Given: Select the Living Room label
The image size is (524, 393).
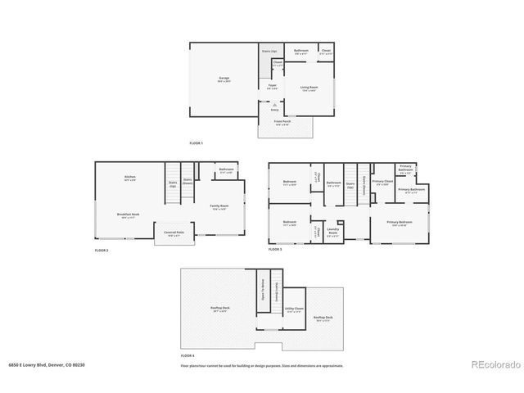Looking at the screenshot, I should [309, 87].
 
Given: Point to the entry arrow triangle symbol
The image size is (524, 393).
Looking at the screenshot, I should [274, 104].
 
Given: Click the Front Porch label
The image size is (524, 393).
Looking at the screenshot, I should [283, 122].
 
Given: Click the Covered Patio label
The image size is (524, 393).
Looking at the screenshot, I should [173, 233].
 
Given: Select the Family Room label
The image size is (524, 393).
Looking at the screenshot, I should [219, 206].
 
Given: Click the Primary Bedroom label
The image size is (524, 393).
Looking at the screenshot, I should [400, 223].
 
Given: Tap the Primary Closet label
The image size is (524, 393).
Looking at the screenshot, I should [382, 183].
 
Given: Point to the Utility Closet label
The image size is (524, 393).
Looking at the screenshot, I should [293, 309].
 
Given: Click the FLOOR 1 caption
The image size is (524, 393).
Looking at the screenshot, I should [196, 143].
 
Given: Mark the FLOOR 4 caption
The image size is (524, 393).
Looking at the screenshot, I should [187, 355].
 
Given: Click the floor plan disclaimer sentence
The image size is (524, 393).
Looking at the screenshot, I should [262, 365].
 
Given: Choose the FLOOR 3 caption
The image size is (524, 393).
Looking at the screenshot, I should [275, 250].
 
